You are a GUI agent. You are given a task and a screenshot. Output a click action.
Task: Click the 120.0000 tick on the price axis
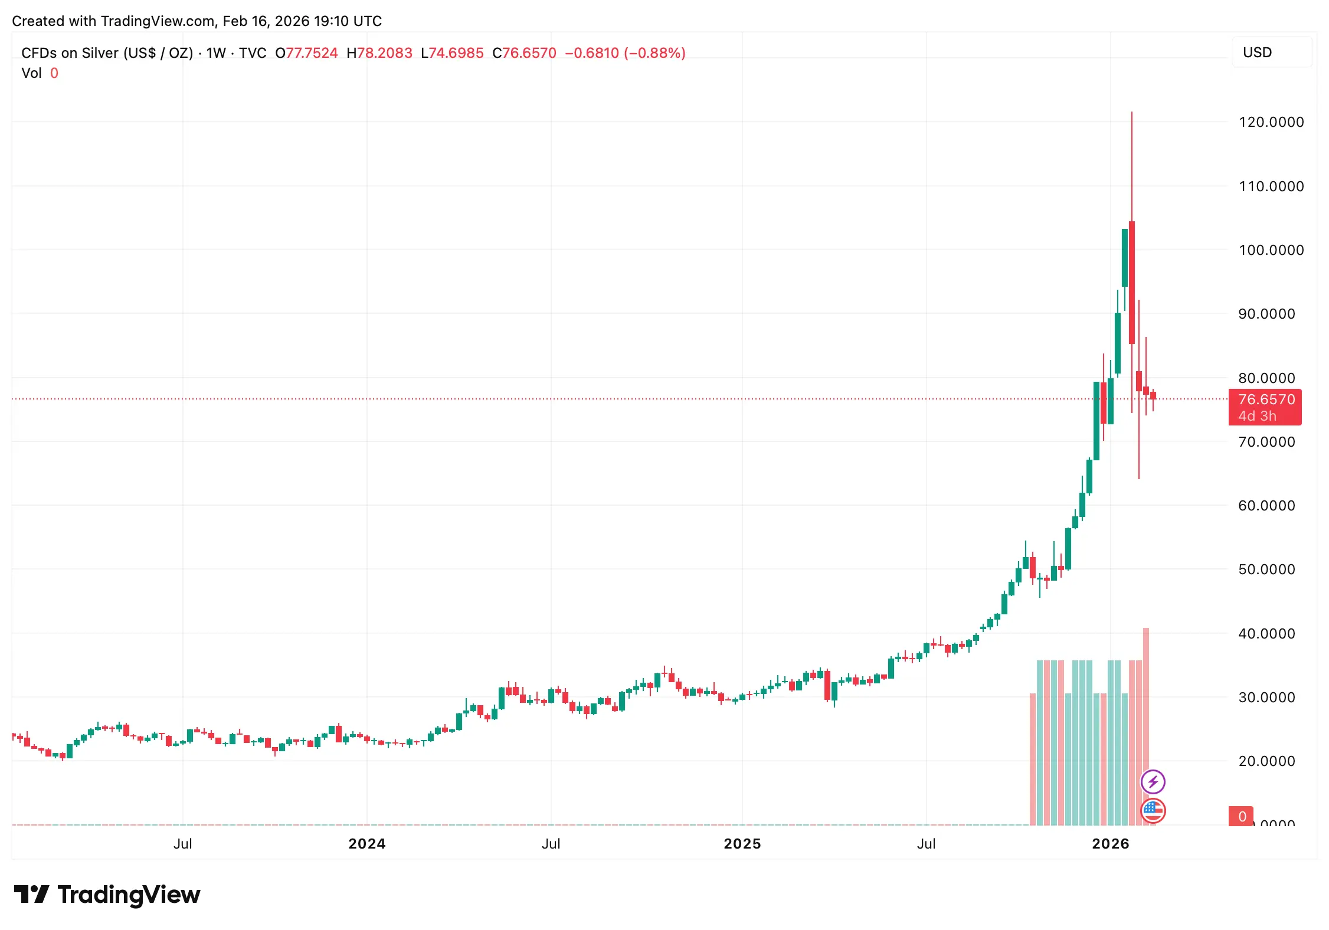1271,122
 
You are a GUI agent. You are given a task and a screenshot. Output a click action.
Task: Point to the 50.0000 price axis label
1266,569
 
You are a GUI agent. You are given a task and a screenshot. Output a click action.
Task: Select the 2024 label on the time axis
366,844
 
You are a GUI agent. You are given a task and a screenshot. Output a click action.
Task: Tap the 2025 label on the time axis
742,844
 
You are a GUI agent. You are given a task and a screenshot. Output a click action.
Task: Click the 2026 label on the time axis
1110,844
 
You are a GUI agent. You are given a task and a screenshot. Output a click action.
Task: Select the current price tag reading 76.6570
1266,399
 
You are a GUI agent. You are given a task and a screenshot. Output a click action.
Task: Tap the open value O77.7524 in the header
306,53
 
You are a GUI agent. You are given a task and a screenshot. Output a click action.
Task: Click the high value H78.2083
379,53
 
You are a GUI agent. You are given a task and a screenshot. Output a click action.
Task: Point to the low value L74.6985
452,53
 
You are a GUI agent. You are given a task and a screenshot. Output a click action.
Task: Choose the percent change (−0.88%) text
654,53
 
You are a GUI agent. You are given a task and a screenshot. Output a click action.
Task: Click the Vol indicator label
31,73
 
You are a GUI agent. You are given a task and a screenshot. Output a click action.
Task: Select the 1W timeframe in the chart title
216,53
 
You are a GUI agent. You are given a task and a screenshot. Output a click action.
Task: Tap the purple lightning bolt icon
1153,782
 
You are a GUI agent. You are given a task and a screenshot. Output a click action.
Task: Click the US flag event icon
1153,810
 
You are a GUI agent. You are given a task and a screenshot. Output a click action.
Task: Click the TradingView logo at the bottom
107,895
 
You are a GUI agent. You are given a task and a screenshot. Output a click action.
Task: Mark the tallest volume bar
1146,726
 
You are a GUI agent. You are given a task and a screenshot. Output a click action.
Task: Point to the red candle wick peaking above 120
1132,165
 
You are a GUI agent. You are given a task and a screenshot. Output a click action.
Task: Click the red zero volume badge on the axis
1242,816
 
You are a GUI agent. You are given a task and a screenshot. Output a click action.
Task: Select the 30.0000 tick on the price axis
1266,697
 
